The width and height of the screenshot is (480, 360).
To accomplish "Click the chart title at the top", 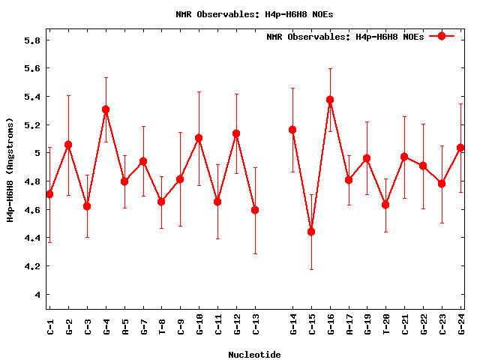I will click(x=244, y=14).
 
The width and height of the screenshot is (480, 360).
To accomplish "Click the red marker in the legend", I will click(x=442, y=36).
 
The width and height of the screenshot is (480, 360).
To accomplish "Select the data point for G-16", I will click(x=330, y=100).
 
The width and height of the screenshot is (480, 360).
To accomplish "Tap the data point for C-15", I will click(x=311, y=232).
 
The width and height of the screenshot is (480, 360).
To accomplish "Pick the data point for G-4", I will click(x=106, y=109).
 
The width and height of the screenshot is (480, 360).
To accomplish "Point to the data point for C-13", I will click(x=255, y=210).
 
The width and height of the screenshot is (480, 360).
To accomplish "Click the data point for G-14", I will click(x=292, y=130).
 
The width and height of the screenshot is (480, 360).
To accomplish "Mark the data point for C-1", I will click(x=49, y=194).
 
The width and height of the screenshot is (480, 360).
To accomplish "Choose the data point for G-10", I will click(x=199, y=138).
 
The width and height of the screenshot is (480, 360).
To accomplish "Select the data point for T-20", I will click(x=385, y=205).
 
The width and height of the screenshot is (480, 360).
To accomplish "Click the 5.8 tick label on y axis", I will click(x=31, y=40).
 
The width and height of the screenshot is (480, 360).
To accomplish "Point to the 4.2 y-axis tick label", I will click(x=31, y=266).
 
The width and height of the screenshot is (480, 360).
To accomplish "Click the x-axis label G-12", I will click(x=237, y=326).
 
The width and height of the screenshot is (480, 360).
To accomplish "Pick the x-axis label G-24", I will click(x=461, y=326).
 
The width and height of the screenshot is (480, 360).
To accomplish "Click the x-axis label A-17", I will click(x=349, y=326).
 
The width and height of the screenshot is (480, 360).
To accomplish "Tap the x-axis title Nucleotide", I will click(x=255, y=355).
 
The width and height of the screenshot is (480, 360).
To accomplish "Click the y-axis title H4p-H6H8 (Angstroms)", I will click(x=10, y=169).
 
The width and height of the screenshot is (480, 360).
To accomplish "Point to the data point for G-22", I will click(x=423, y=166).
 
